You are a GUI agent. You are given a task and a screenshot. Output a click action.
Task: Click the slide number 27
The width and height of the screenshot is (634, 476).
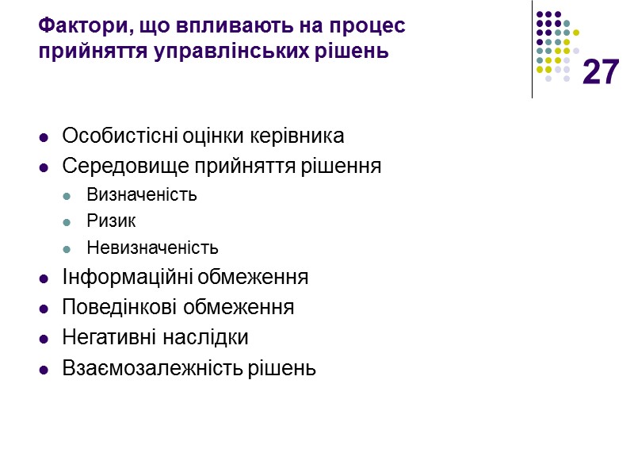pyautogui.click(x=600, y=73)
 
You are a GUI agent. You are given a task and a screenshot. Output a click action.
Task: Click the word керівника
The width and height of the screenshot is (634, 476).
pyautogui.click(x=297, y=136)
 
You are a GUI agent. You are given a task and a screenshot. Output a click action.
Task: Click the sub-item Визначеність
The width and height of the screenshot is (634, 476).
pyautogui.click(x=142, y=195)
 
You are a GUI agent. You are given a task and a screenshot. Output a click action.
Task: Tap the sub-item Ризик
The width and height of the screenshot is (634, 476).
pyautogui.click(x=111, y=221)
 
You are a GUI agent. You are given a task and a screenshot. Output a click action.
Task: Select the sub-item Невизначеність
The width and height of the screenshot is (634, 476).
pyautogui.click(x=152, y=248)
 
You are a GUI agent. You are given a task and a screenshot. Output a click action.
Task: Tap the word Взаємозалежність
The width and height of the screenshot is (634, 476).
pyautogui.click(x=143, y=368)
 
